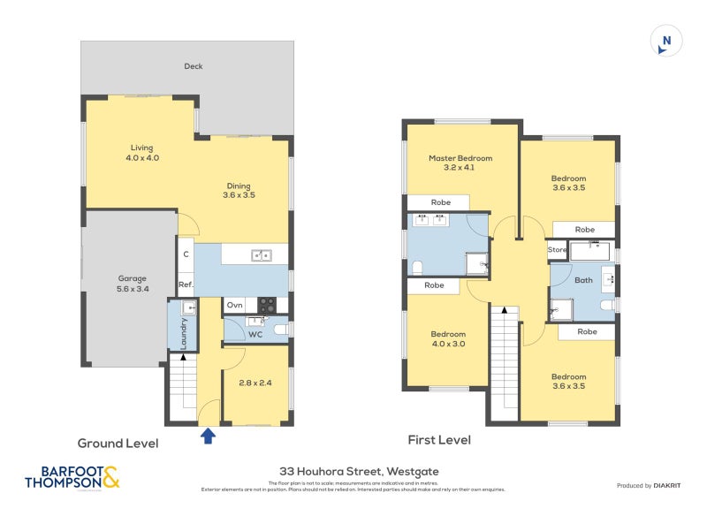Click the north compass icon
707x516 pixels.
pos(666,42)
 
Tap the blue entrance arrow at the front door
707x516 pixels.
pos(209,435)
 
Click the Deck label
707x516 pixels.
pos(194,66)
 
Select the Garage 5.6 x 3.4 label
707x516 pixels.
pos(133,284)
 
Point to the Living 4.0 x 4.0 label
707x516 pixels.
pos(141,153)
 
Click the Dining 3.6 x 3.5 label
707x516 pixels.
pos(239,190)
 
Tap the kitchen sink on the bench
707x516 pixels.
pos(261,255)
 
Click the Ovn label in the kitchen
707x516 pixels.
pos(234,305)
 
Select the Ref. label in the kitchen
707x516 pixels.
pos(186,285)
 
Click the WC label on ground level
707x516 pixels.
pos(255,334)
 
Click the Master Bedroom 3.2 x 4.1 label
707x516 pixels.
pos(460,163)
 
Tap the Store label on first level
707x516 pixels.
pos(557,250)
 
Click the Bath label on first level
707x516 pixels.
pos(583,280)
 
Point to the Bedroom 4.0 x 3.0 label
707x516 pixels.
pos(448,338)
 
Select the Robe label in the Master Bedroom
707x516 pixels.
pos(440,202)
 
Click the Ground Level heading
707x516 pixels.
pos(118,444)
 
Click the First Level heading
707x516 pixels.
pos(439,439)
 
